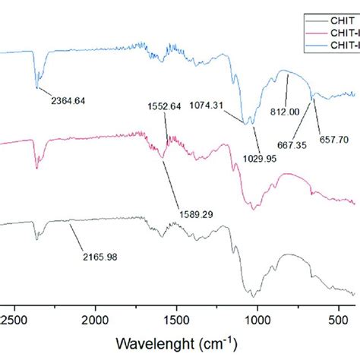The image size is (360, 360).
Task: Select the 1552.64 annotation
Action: point(167,106)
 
